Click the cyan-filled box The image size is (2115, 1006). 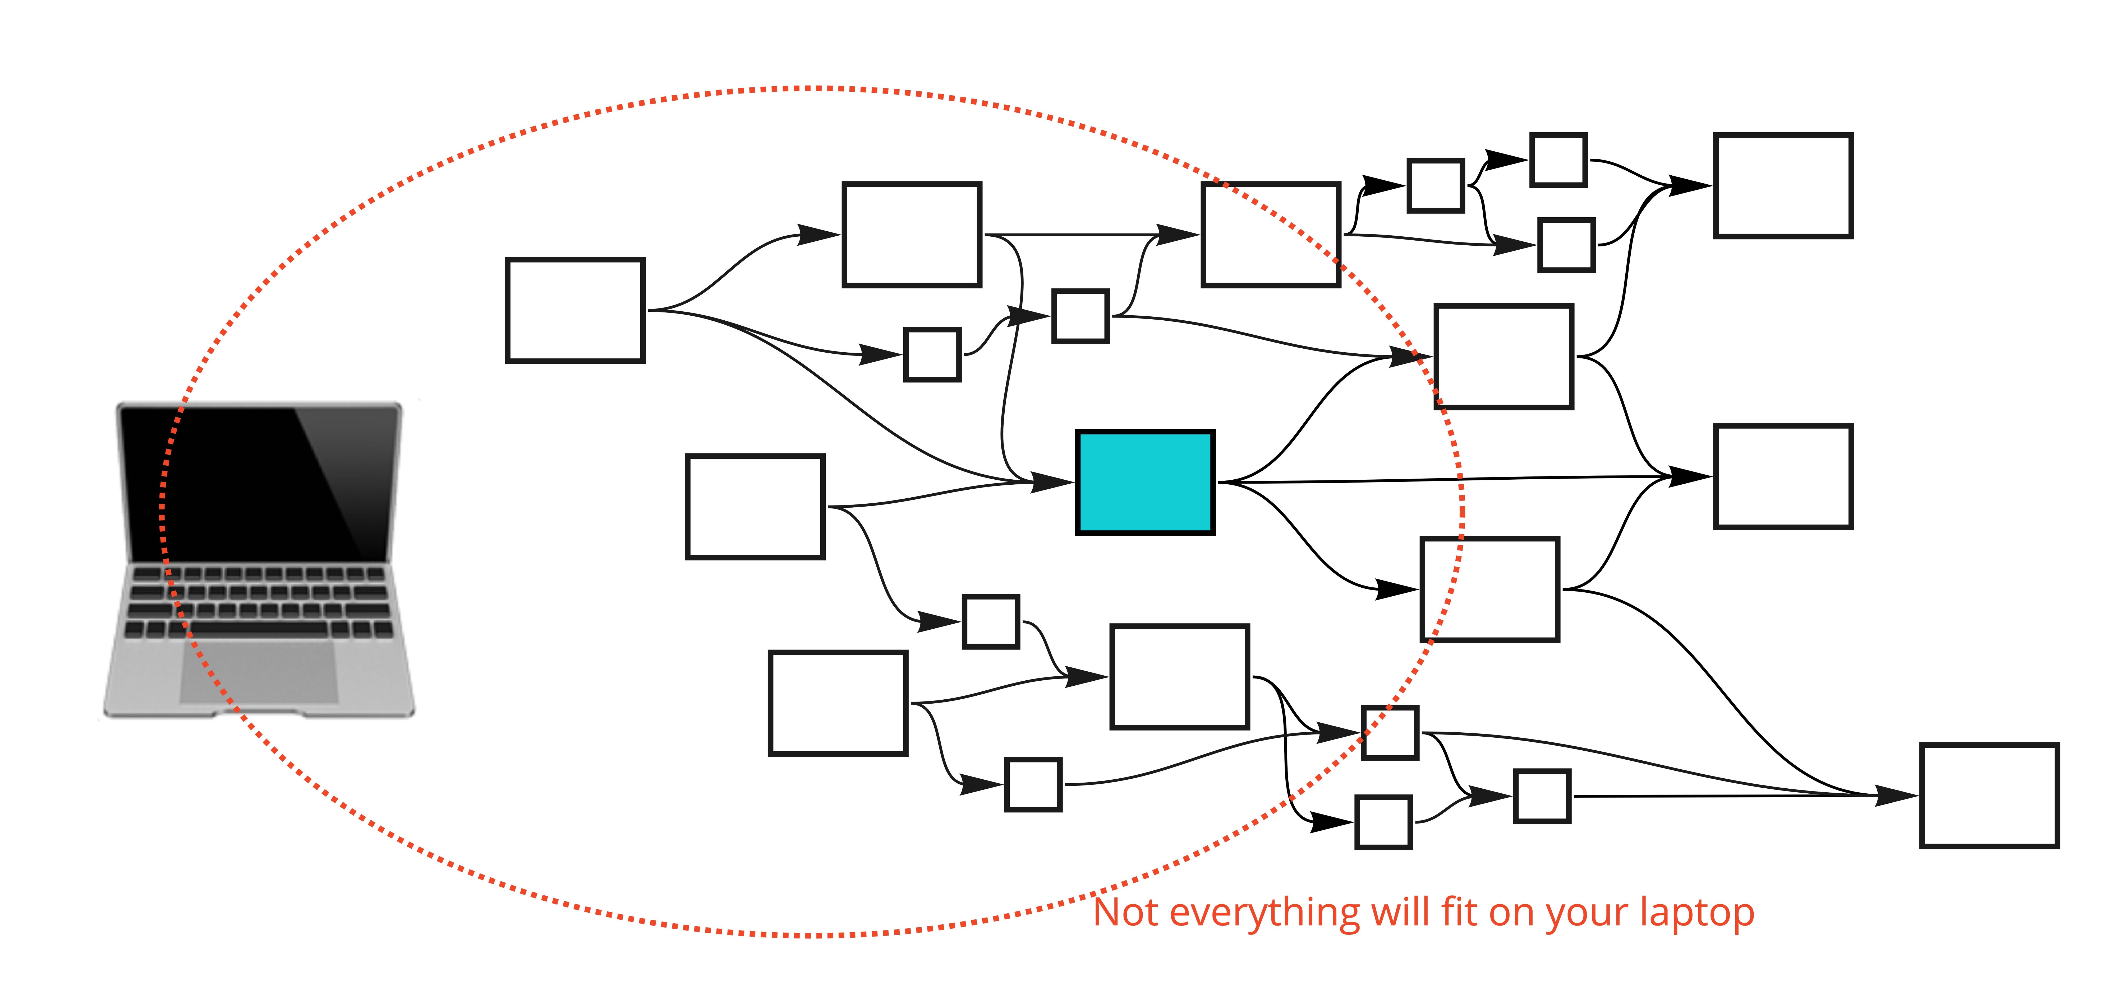pos(1144,483)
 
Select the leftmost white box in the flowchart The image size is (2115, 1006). pos(575,310)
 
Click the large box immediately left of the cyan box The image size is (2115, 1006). pos(755,507)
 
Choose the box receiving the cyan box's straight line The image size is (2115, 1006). pos(1783,477)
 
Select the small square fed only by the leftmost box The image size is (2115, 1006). pos(932,354)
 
